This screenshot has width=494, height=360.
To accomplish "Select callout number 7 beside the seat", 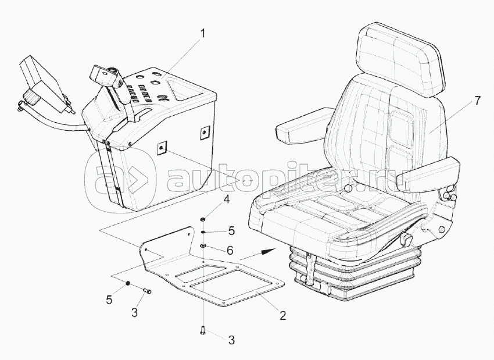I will [x=477, y=101].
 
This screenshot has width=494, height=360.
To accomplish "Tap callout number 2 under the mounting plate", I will [x=282, y=316].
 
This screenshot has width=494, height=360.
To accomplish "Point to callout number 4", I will [x=227, y=199].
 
